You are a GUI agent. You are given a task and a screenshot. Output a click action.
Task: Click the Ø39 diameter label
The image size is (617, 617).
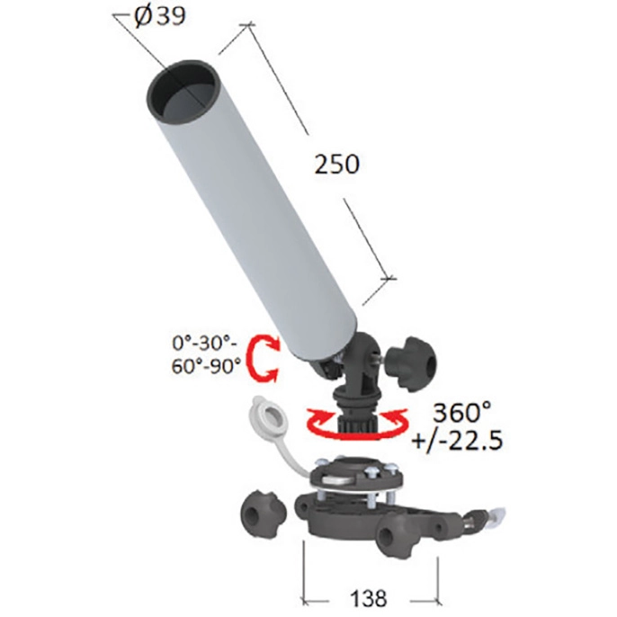pyautogui.click(x=159, y=17)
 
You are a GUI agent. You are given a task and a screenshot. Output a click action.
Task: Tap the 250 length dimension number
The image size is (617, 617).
pyautogui.click(x=336, y=164)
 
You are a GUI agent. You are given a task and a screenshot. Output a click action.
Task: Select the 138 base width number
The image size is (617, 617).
pyautogui.click(x=369, y=598)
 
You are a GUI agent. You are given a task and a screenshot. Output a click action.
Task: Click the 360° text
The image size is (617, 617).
pyautogui.click(x=462, y=412)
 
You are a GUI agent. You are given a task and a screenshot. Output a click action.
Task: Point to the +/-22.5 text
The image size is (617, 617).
pyautogui.click(x=457, y=440)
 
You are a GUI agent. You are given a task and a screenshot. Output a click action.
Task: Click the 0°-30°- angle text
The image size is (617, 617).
pyautogui.click(x=205, y=344)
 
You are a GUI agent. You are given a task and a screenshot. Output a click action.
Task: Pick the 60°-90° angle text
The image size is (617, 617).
pyautogui.click(x=206, y=367)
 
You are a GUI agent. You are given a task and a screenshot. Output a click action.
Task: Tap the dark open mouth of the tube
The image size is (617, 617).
pyautogui.click(x=182, y=92)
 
